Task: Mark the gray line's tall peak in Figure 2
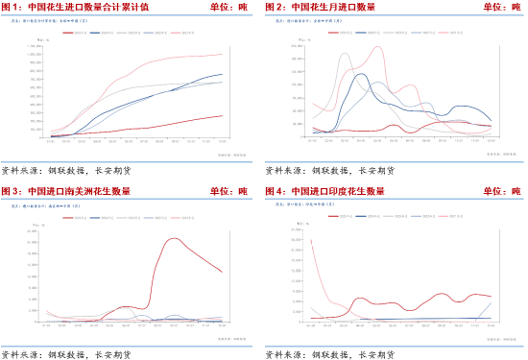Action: [x=345, y=54]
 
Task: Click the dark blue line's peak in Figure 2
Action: [x=359, y=74]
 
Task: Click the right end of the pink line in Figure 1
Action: [x=223, y=54]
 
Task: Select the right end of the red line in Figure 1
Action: [x=223, y=116]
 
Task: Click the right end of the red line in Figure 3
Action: [x=223, y=272]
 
